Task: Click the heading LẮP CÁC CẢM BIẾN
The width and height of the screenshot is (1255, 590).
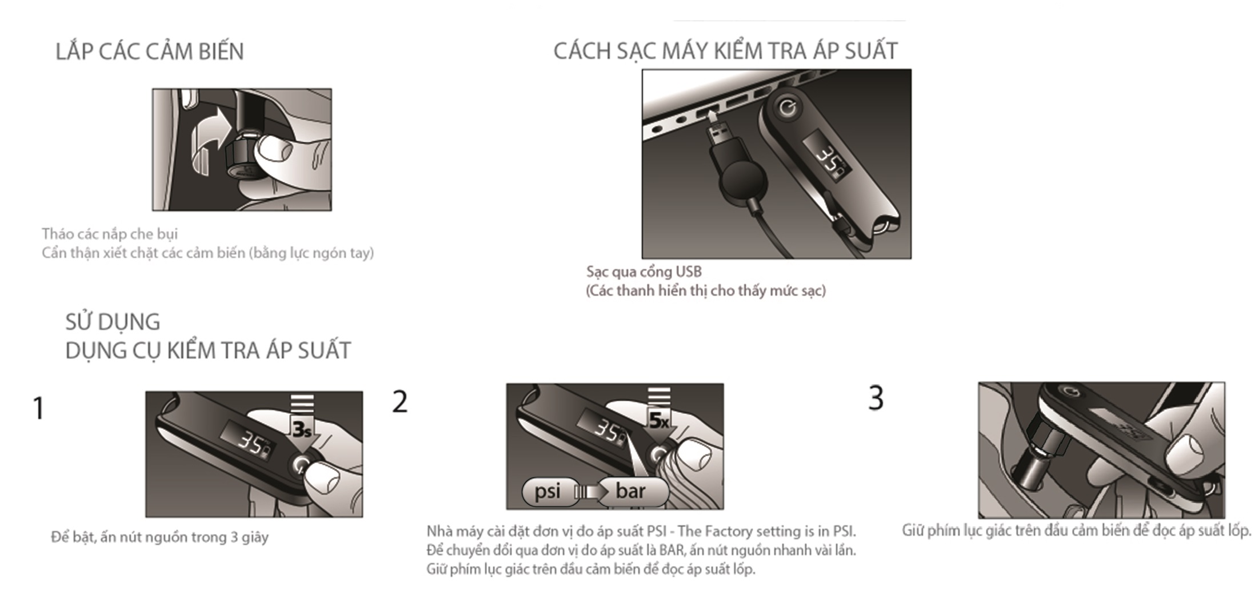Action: click(150, 51)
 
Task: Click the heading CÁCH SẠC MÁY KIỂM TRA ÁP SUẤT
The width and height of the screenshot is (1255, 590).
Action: click(725, 50)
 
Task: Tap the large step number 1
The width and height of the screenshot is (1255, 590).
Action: click(38, 408)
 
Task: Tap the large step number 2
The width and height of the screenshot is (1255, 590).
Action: click(400, 401)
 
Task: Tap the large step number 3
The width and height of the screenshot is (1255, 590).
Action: click(876, 398)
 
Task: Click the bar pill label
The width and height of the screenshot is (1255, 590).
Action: click(632, 491)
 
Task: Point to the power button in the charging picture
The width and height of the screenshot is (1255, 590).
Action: click(788, 107)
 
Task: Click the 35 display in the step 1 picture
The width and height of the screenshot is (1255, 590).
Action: click(251, 441)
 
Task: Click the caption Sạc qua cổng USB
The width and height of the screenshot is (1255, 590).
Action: click(644, 272)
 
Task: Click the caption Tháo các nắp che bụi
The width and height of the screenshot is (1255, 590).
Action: click(110, 234)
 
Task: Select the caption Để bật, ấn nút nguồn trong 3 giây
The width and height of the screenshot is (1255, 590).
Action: click(159, 537)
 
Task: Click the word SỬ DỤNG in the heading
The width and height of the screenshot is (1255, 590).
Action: click(113, 322)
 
